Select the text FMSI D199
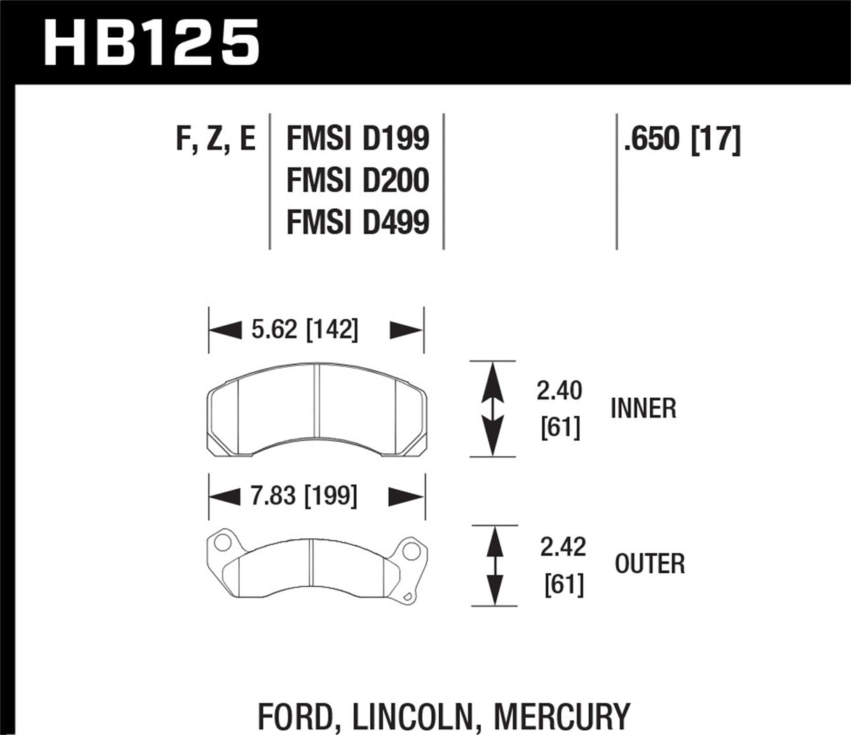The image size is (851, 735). click(x=358, y=139)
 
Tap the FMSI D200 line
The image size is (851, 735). click(x=358, y=180)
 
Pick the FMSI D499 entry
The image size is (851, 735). click(x=358, y=222)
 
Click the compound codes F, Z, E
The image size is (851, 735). click(x=215, y=139)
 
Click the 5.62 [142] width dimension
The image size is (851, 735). click(x=304, y=329)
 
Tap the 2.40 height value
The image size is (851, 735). click(x=559, y=391)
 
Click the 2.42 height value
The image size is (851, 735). click(x=563, y=547)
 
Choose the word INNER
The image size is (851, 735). click(x=643, y=408)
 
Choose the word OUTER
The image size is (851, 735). click(x=650, y=563)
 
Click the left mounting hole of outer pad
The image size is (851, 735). click(x=222, y=543)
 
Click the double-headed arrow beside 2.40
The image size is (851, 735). click(x=493, y=408)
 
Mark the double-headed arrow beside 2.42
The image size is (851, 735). click(x=495, y=565)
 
